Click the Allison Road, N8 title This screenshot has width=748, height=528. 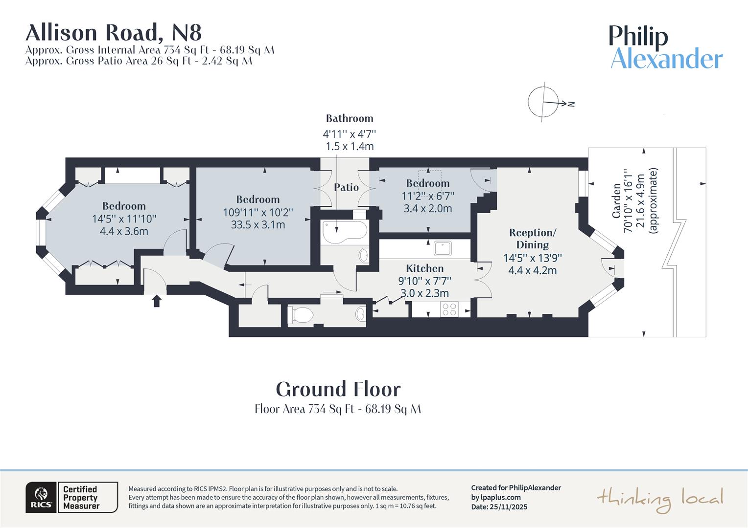[x=113, y=33]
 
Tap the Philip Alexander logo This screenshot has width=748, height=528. [x=666, y=47]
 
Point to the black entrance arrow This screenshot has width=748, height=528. [x=157, y=301]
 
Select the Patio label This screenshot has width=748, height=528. [x=346, y=187]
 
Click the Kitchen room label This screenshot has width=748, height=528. [x=424, y=268]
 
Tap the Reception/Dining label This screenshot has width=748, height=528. [x=533, y=239]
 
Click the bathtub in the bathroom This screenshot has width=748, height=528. [x=345, y=231]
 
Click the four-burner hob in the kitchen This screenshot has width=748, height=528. [x=449, y=309]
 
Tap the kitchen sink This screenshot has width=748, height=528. [x=444, y=248]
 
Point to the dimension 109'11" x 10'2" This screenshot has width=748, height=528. [x=258, y=212]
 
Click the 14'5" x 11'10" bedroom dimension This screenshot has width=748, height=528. [x=124, y=219]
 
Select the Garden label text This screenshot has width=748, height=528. [x=617, y=200]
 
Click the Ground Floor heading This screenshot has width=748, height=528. [x=338, y=389]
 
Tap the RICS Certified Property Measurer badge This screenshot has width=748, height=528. [x=71, y=497]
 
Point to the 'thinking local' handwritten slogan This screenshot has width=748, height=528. [x=660, y=499]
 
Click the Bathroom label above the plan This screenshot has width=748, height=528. [x=350, y=118]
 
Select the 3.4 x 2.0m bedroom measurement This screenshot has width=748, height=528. [x=427, y=208]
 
